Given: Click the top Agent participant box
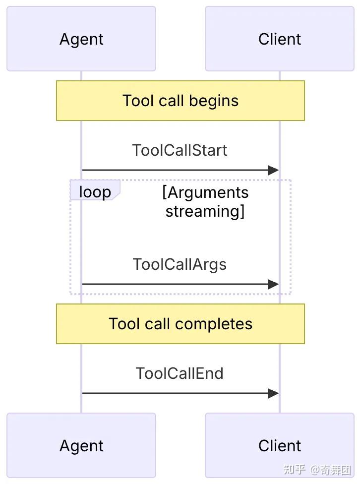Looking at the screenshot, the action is pos(81,39).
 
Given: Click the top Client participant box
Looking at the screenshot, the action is pos(280,39).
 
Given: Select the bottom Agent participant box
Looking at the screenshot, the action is pos(81,445).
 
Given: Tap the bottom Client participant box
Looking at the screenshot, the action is pos(280,445).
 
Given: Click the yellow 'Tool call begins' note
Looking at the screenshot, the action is pos(180,101).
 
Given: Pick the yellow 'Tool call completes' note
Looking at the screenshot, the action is pos(180,323).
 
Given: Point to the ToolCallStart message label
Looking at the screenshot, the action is pos(180,150).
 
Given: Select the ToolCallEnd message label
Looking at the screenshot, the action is pos(180,373).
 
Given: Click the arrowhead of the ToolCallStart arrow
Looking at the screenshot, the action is pos(273,170).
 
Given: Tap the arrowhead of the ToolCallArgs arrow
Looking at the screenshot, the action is pos(273,284).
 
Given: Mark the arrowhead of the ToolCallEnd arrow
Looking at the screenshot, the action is pos(273,393).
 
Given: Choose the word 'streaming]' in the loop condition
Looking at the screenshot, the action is pos(205,212).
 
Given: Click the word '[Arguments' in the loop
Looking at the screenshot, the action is pos(205,193).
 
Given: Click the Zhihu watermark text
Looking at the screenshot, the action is pos(317,470).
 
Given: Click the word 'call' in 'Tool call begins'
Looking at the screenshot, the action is pos(171,101).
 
